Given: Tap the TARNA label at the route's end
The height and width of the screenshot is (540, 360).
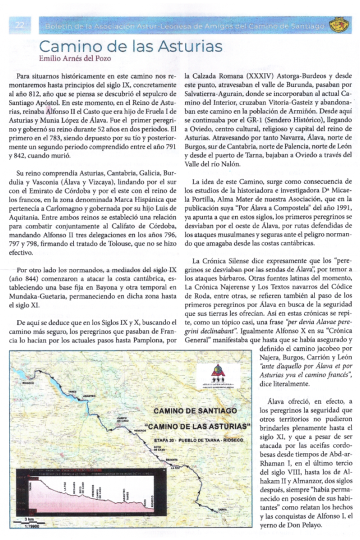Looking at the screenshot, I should [222, 508].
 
